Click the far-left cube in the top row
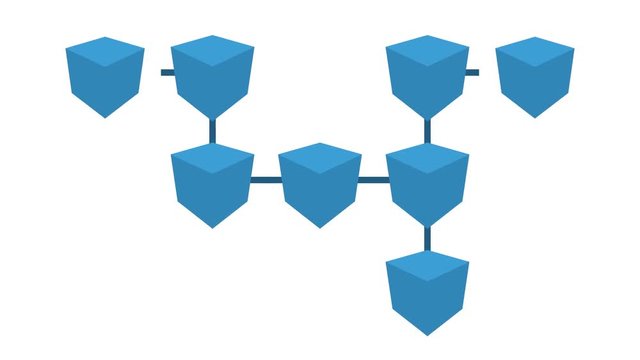click(105, 77)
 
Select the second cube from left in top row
click(212, 77)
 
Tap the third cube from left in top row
click(427, 77)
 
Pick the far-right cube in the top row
click(535, 77)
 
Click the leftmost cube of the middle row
click(212, 185)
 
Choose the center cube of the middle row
click(320, 185)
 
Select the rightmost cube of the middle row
click(427, 185)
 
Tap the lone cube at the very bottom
click(427, 292)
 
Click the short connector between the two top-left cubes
click(166, 73)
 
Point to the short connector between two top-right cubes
click(473, 73)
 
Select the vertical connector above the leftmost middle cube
click(212, 130)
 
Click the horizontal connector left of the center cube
click(265, 180)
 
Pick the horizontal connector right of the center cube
click(374, 180)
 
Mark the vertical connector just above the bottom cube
click(427, 238)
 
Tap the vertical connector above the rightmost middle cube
click(427, 130)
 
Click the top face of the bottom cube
click(427, 265)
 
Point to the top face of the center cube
click(320, 158)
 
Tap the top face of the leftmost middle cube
click(212, 158)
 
